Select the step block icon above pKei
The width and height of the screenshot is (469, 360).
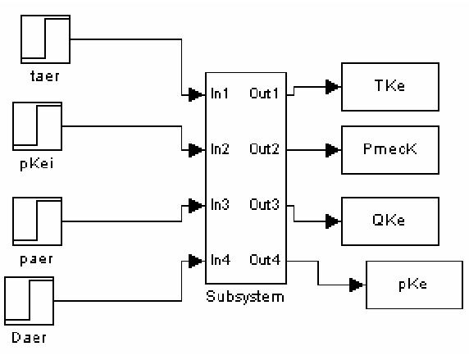tap(38, 126)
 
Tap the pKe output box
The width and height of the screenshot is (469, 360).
tap(408, 284)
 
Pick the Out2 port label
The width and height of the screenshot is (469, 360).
tap(264, 150)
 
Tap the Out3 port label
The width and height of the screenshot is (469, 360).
tap(264, 205)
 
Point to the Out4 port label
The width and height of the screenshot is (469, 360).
tap(264, 261)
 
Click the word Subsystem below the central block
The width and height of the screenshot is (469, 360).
tap(244, 296)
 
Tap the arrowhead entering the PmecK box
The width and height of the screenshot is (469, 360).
tap(332, 150)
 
